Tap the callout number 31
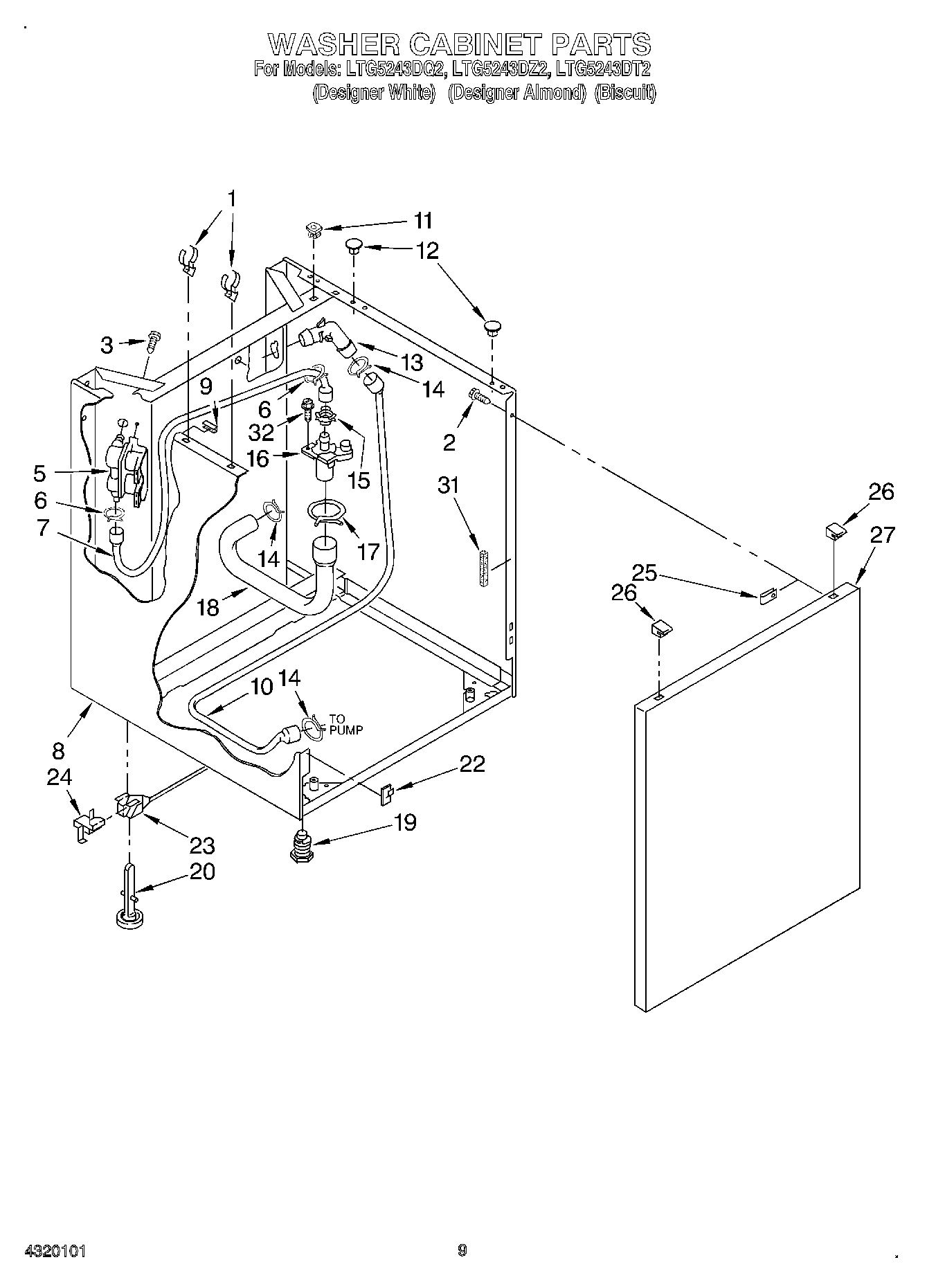448,485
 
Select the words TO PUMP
345,723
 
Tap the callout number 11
423,221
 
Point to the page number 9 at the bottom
462,1250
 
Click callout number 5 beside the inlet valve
39,474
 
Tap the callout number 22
472,764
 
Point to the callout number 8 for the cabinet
57,750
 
